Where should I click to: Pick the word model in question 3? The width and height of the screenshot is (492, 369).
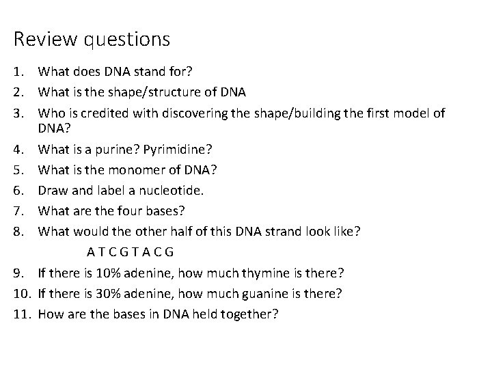click(x=407, y=113)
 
